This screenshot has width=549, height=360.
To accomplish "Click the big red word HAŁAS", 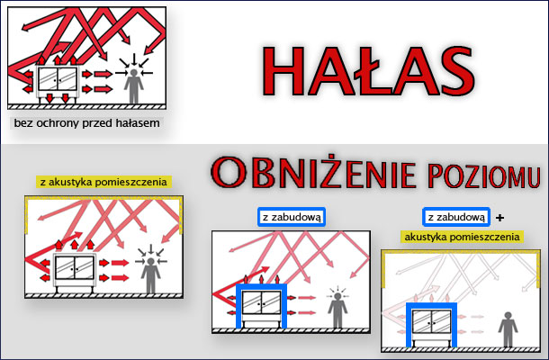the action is pyautogui.click(x=367, y=71).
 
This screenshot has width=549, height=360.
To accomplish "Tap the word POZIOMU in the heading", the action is pyautogui.click(x=484, y=176).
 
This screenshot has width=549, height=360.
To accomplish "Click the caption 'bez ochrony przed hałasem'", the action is pyautogui.click(x=86, y=123).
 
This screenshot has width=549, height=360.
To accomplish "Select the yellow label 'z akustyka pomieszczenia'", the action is pyautogui.click(x=104, y=182).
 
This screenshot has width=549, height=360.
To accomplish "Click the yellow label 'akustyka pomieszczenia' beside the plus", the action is pyautogui.click(x=463, y=237).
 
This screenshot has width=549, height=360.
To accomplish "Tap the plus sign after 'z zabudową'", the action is pyautogui.click(x=500, y=218).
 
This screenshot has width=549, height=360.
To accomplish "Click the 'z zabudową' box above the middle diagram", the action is pyautogui.click(x=292, y=217).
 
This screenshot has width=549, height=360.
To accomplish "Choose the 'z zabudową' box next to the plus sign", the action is pyautogui.click(x=456, y=217).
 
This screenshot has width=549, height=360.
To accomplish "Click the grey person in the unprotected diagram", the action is pyautogui.click(x=134, y=85).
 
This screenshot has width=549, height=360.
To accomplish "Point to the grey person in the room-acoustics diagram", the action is pyautogui.click(x=151, y=275).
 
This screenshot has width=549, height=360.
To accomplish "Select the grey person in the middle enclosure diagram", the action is pyautogui.click(x=337, y=310).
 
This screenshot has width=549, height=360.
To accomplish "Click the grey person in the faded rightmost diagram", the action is pyautogui.click(x=508, y=329).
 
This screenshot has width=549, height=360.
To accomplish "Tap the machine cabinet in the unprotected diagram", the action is pyautogui.click(x=58, y=84).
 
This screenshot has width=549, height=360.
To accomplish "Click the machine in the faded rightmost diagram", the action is pyautogui.click(x=431, y=327).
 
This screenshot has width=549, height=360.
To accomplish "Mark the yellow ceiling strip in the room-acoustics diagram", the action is pyautogui.click(x=103, y=198).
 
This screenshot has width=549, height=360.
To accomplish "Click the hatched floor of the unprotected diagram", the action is pyautogui.click(x=86, y=106).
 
